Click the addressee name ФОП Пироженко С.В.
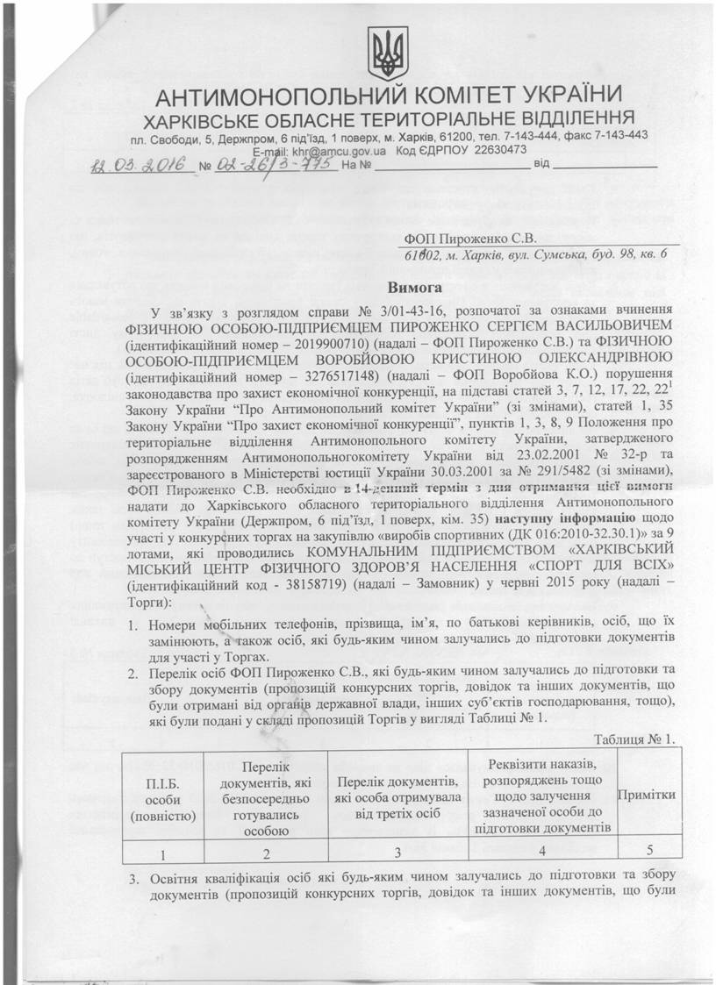point(469,238)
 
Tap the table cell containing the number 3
point(397,851)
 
